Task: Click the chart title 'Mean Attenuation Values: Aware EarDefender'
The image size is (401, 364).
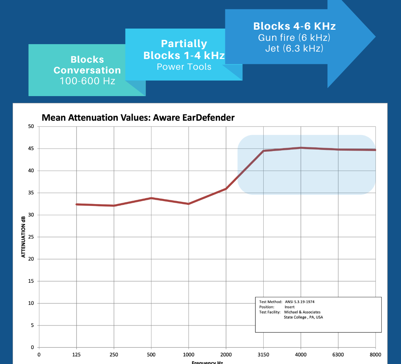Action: (x=138, y=118)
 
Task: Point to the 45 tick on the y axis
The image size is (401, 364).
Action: (x=31, y=149)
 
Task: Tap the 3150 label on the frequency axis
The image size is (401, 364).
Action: (x=263, y=355)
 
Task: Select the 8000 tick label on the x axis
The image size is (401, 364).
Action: (x=375, y=355)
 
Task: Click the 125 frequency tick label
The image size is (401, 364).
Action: (x=76, y=355)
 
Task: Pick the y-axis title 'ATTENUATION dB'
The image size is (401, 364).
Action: (x=23, y=237)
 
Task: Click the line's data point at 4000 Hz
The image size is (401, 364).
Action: (x=301, y=148)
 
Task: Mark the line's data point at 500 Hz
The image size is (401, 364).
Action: (x=151, y=198)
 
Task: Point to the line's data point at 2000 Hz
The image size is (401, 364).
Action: (x=226, y=189)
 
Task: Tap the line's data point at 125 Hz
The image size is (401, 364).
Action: (x=76, y=204)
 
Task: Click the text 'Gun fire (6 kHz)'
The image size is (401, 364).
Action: (x=294, y=38)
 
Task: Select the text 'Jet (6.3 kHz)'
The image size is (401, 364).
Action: (x=294, y=48)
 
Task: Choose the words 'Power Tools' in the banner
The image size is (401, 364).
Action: (x=184, y=67)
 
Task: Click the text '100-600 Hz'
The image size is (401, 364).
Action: (x=87, y=81)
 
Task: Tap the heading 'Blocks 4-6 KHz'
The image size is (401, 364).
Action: (x=294, y=26)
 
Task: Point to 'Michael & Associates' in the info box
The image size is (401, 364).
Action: (x=302, y=312)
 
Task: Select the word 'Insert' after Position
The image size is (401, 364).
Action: (x=289, y=307)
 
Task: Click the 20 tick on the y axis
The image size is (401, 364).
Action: (x=31, y=259)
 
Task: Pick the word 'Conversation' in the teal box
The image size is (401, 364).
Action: (x=87, y=70)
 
